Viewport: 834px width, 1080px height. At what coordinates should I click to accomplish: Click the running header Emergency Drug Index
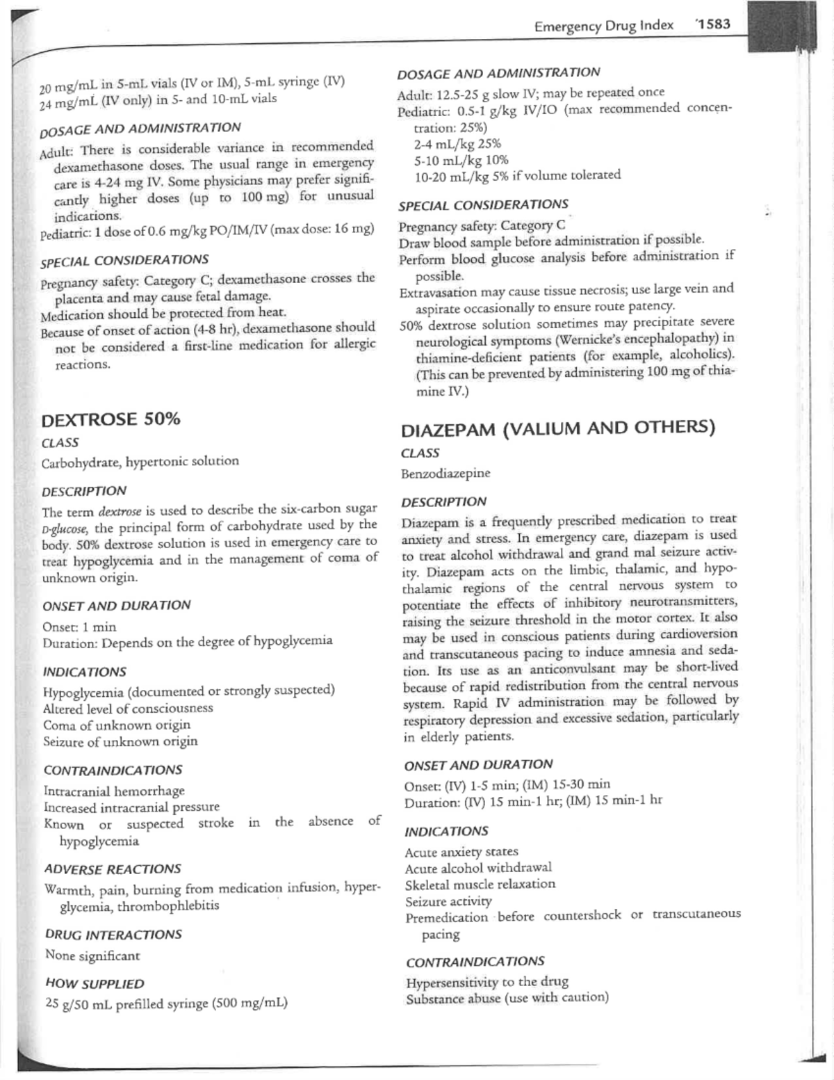[x=603, y=26]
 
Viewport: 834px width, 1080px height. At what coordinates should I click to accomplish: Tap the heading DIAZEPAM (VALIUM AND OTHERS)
[x=557, y=428]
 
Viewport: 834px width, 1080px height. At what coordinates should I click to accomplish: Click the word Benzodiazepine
[x=445, y=474]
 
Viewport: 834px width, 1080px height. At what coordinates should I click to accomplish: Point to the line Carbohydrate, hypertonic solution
[x=140, y=462]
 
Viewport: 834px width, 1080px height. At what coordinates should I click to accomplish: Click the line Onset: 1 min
[x=79, y=627]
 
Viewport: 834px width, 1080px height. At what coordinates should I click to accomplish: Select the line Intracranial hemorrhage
[x=114, y=791]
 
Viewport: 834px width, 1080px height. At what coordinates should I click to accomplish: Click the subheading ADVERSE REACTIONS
[x=112, y=869]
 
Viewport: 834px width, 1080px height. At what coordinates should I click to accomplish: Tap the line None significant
[x=92, y=956]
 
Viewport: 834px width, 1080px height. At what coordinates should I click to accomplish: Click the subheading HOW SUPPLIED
[x=94, y=983]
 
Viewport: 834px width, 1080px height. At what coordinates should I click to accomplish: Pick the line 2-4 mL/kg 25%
[x=457, y=144]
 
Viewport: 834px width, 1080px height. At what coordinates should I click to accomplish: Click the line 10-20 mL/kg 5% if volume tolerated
[x=517, y=175]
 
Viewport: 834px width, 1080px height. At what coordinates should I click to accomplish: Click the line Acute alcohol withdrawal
[x=478, y=868]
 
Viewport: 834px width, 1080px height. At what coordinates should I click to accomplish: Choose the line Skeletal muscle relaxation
[x=480, y=885]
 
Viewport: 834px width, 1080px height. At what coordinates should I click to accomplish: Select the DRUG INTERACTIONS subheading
[x=113, y=934]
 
